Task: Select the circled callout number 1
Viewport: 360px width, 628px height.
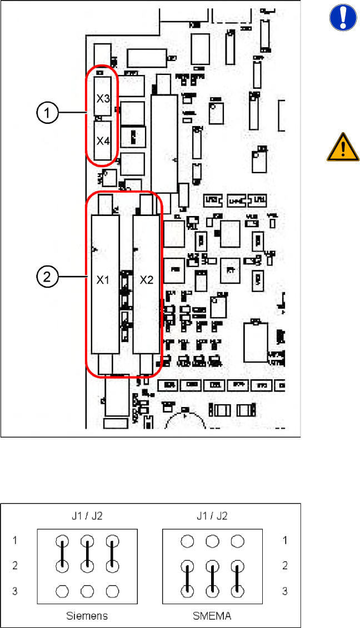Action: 49,113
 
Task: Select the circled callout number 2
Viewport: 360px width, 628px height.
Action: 49,276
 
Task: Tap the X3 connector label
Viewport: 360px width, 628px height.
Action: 103,99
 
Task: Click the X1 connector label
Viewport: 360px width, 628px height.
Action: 103,280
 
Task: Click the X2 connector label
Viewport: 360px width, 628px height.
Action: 146,280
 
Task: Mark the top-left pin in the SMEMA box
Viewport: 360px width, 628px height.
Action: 188,541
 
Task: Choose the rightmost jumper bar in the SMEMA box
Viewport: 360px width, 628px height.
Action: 238,577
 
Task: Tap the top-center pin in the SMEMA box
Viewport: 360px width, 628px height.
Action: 213,541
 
